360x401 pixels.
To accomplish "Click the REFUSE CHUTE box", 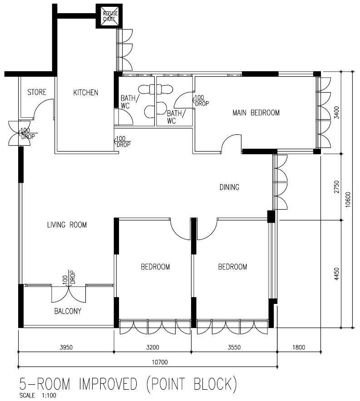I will click(109, 16).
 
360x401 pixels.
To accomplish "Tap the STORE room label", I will click(37, 93).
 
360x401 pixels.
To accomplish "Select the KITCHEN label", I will click(85, 93).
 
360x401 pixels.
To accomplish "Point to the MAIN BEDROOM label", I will click(256, 112).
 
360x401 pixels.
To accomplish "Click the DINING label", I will click(229, 187).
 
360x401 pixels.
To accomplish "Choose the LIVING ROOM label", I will click(67, 225).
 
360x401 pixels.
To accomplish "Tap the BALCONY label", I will click(68, 311).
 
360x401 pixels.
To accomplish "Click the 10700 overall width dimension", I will click(148, 362).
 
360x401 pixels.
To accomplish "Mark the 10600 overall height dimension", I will click(348, 199).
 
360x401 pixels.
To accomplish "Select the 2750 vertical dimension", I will click(336, 187).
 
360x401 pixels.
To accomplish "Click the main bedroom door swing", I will click(232, 145).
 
